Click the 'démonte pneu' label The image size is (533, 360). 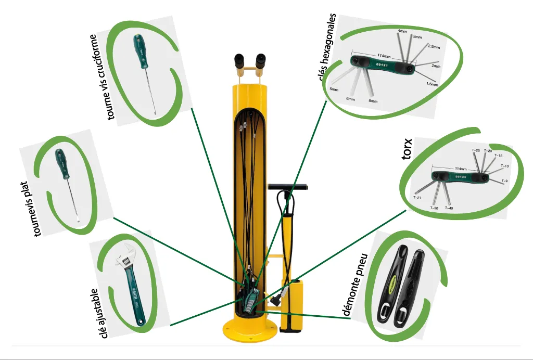point(356,285)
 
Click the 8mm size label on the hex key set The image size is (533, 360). point(373,100)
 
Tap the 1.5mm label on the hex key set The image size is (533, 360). point(431,84)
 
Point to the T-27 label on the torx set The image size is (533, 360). point(417,198)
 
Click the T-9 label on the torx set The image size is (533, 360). point(504,181)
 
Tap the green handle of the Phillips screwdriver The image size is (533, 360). point(139,52)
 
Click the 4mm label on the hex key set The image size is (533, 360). point(402,32)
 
